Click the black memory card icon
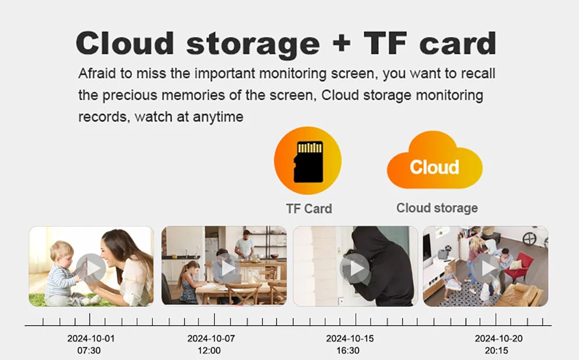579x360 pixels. point(308,162)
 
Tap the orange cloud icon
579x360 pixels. point(435,160)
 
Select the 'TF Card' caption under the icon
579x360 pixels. point(309,208)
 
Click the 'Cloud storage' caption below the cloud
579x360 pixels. point(437,208)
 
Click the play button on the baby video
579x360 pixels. point(91,268)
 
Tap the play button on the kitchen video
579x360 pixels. point(226,268)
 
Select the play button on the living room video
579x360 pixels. point(487,268)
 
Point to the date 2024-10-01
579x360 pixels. point(91,338)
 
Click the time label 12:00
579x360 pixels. point(209,350)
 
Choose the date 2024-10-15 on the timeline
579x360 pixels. point(350,338)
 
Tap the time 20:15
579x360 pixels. point(497,350)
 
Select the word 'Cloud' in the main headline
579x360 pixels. point(125,43)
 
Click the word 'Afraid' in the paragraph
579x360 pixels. point(97,73)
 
